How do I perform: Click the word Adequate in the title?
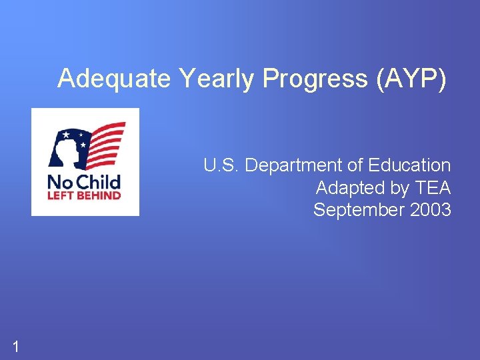tap(114, 79)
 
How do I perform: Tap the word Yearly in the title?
tap(217, 79)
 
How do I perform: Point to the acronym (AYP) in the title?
tap(411, 79)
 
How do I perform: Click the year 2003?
tap(431, 211)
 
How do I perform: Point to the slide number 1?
tap(15, 345)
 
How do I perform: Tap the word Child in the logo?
tap(96, 181)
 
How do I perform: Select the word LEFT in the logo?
tap(59, 196)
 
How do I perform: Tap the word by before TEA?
tap(400, 189)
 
